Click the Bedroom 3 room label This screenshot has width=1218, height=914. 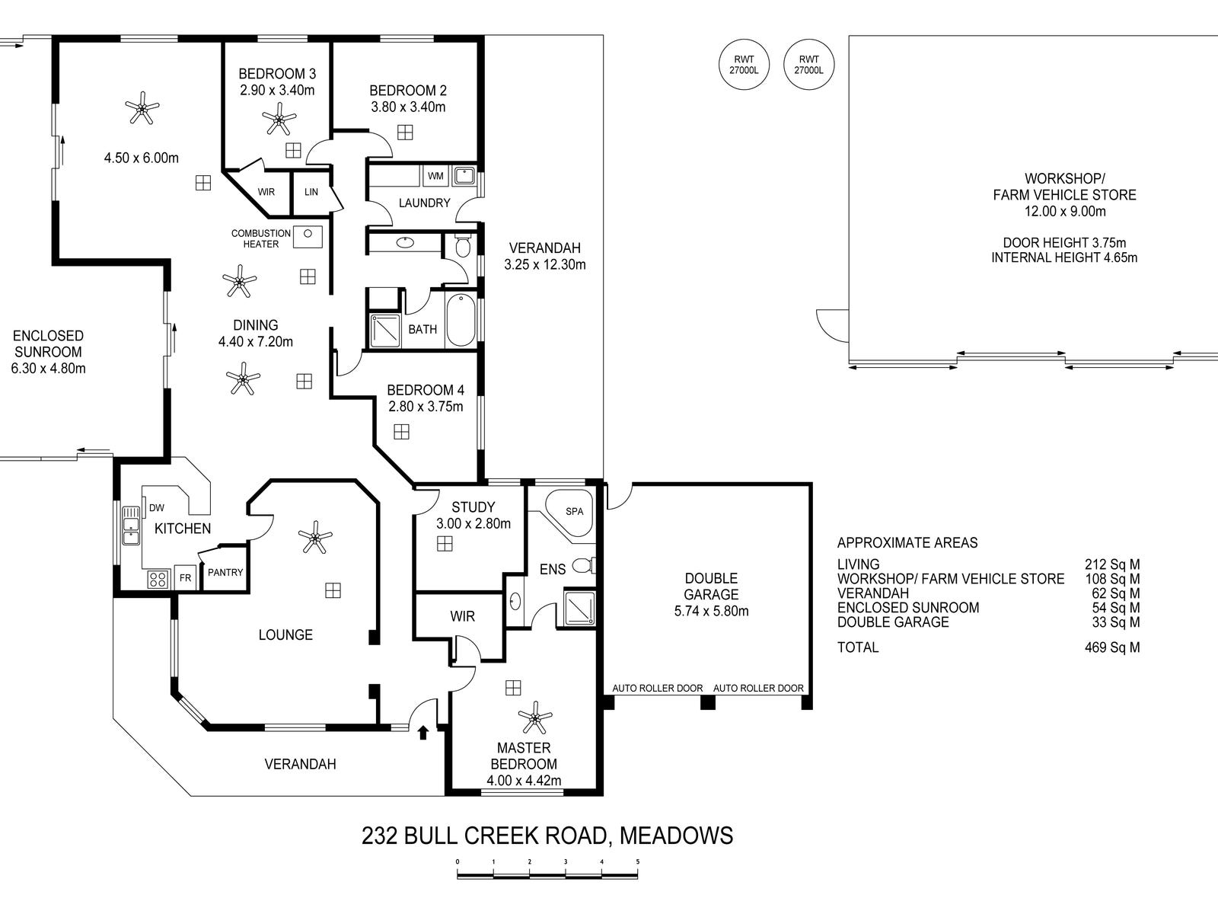(277, 74)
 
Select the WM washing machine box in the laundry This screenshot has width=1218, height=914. (435, 176)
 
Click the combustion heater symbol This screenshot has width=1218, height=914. (308, 238)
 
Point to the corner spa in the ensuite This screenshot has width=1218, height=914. (570, 513)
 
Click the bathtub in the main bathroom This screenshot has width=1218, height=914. (461, 320)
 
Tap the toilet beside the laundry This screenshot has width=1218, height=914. (462, 245)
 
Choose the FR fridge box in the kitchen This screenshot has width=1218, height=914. (185, 578)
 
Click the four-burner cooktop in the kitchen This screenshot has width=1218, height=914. (158, 580)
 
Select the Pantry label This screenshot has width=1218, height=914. (225, 572)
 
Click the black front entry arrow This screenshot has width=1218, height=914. (423, 733)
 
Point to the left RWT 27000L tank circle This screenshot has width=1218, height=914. (744, 65)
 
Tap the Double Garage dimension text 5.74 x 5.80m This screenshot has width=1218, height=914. (711, 611)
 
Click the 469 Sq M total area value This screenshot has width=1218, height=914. (1112, 647)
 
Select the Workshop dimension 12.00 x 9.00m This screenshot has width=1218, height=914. (1065, 212)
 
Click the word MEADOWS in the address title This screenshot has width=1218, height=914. (676, 836)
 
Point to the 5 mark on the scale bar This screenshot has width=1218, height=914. (638, 862)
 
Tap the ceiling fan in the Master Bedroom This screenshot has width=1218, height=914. (535, 717)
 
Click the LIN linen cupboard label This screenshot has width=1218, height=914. (311, 192)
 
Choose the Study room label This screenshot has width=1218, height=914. (473, 507)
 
